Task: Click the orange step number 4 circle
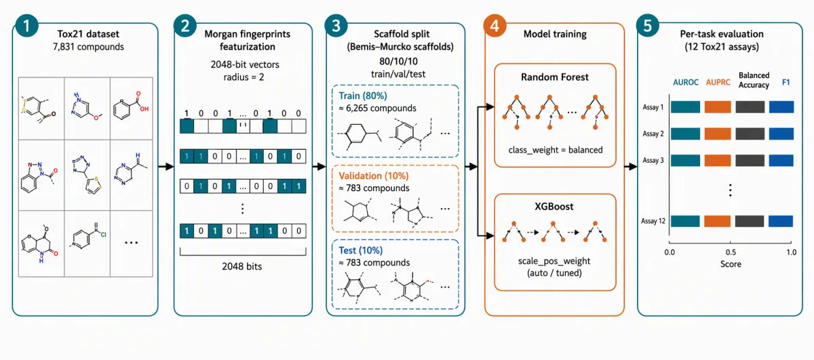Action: (495, 26)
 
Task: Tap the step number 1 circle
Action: (26, 26)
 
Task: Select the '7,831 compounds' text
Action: (88, 47)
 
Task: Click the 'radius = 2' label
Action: (244, 77)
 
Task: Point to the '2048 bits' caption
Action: (242, 266)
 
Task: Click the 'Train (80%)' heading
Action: (363, 96)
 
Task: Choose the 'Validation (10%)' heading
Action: (374, 176)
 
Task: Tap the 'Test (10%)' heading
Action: (360, 250)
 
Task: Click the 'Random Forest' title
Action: (555, 77)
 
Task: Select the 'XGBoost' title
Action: (554, 206)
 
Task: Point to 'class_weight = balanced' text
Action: (556, 150)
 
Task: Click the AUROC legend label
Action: (685, 83)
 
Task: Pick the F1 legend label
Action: (786, 83)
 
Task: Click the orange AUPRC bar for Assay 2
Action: (718, 134)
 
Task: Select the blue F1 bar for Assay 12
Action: (781, 221)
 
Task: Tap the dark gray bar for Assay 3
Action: (750, 160)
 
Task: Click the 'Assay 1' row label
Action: (653, 107)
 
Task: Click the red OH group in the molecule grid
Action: (144, 108)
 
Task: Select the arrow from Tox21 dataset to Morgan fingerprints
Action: (166, 167)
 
